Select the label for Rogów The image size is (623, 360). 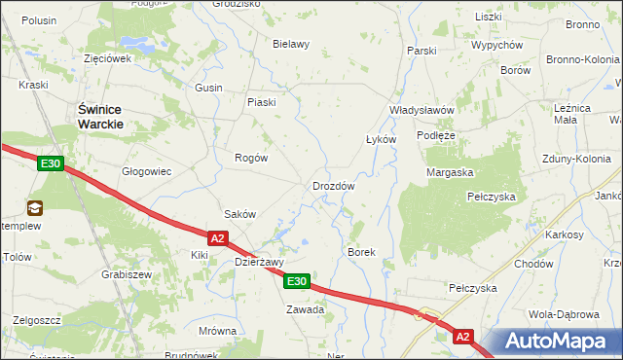pyautogui.click(x=251, y=157)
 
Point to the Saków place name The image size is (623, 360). pyautogui.click(x=239, y=214)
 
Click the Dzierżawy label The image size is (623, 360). pyautogui.click(x=259, y=261)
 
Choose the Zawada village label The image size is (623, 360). pyautogui.click(x=304, y=309)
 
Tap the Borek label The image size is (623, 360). pyautogui.click(x=361, y=251)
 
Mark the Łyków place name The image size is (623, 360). pyautogui.click(x=381, y=139)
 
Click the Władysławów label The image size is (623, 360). pyautogui.click(x=421, y=110)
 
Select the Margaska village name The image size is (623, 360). pyautogui.click(x=450, y=172)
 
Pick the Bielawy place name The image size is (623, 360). pyautogui.click(x=291, y=44)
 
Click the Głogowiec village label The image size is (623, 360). pyautogui.click(x=146, y=171)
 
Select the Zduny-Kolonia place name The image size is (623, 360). pyautogui.click(x=578, y=158)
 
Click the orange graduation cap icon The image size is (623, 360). pyautogui.click(x=35, y=207)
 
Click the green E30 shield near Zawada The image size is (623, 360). pyautogui.click(x=297, y=282)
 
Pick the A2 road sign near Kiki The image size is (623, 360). pyautogui.click(x=218, y=237)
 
